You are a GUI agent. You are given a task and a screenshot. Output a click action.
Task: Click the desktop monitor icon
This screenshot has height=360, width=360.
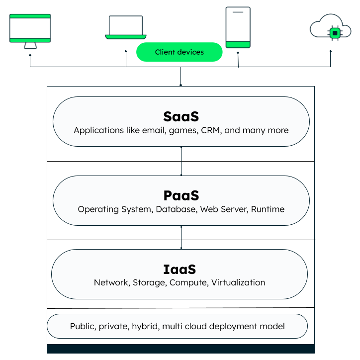pos(30,31)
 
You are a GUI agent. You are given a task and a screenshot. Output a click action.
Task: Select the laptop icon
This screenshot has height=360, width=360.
pos(126,27)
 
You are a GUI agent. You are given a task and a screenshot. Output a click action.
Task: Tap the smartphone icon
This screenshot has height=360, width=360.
pos(238,27)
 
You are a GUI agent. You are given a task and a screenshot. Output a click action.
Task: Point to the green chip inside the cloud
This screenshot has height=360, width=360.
pos(335,33)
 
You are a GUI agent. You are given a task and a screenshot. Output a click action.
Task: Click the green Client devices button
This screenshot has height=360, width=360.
pos(180,52)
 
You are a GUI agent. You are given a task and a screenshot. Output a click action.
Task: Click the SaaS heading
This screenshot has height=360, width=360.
pos(181,116)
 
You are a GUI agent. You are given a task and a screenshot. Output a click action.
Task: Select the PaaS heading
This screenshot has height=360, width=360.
pos(181,195)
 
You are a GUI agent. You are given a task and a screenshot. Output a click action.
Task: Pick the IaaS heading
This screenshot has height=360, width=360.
pos(180,270)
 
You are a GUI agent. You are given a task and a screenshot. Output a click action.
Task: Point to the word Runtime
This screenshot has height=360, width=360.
pos(268,209)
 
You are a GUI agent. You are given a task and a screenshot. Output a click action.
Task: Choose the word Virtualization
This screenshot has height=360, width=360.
pos(238,282)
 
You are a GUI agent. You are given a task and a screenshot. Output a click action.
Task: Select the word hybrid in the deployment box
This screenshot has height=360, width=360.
pos(146,326)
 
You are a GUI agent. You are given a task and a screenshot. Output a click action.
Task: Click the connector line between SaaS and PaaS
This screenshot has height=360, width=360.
pos(181,161)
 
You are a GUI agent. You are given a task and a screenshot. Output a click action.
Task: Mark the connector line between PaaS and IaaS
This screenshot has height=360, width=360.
pos(181,237)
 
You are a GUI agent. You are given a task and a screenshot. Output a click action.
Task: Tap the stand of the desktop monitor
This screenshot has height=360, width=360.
pos(30,45)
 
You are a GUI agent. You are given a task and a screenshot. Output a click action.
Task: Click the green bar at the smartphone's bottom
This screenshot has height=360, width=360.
pos(238,44)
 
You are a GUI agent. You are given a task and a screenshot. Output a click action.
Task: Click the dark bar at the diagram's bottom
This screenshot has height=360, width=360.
pos(180,349)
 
